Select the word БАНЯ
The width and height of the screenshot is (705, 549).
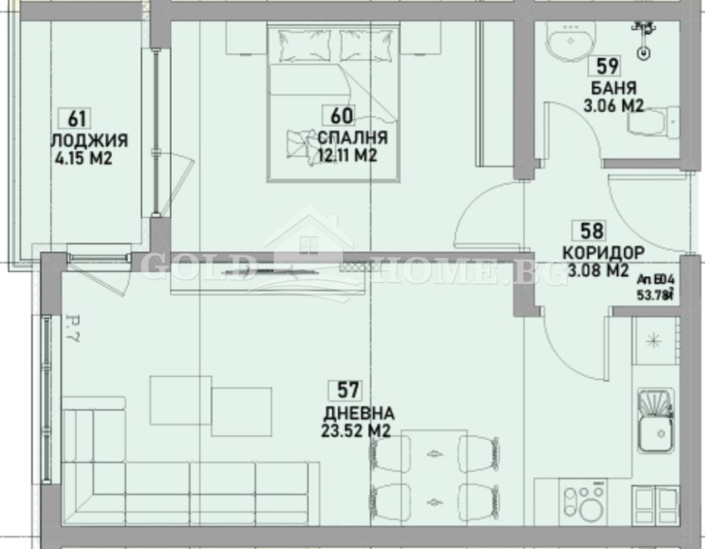pos(613,88)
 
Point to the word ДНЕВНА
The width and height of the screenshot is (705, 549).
pos(358,412)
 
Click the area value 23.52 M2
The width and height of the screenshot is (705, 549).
pos(357,431)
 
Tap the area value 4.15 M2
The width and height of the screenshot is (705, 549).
pos(85,160)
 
